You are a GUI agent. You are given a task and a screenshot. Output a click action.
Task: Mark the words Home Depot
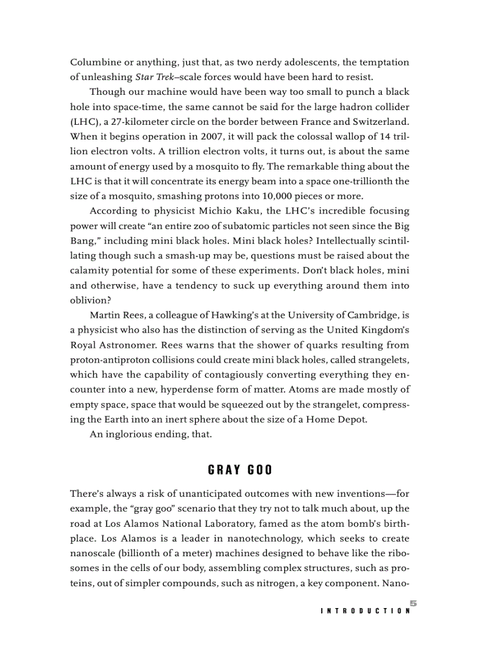337,419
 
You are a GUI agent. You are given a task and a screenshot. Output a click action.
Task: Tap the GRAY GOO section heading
240,470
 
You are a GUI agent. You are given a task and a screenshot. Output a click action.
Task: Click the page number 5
414,602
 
